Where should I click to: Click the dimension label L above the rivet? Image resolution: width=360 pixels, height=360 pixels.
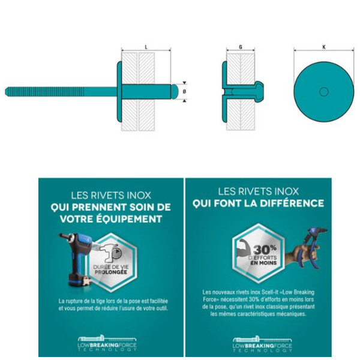146,46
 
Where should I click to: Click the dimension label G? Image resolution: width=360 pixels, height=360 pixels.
241,46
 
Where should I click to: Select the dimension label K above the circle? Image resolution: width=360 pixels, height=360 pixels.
323,46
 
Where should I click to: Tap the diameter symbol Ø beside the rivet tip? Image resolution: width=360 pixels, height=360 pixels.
185,91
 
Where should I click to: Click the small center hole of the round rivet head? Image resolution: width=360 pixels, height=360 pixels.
323,92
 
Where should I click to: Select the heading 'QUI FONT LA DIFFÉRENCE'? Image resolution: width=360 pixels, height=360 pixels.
258,203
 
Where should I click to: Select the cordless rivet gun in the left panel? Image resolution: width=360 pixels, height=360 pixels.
75,259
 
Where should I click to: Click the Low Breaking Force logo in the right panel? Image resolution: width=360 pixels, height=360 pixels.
258,343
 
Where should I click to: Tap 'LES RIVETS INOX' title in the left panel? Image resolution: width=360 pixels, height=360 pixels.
111,194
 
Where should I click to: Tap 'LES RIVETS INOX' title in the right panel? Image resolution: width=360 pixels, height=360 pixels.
258,191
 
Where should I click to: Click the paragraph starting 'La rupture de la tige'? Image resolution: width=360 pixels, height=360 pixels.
113,304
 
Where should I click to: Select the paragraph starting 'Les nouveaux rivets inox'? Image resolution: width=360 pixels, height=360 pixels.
258,302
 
